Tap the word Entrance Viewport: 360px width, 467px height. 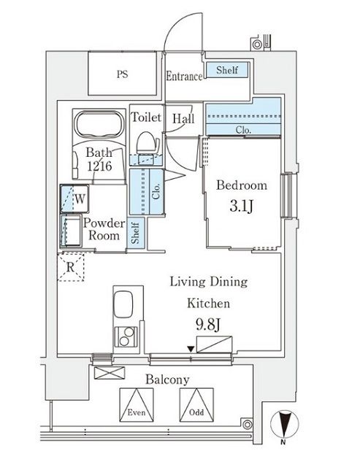[184, 75]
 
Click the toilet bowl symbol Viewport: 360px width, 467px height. [146, 141]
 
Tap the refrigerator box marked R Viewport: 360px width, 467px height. [69, 267]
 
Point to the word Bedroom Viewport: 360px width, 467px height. [241, 185]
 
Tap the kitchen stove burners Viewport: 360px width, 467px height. [126, 339]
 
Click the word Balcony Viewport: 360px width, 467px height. [167, 379]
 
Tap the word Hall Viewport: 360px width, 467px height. [183, 118]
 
